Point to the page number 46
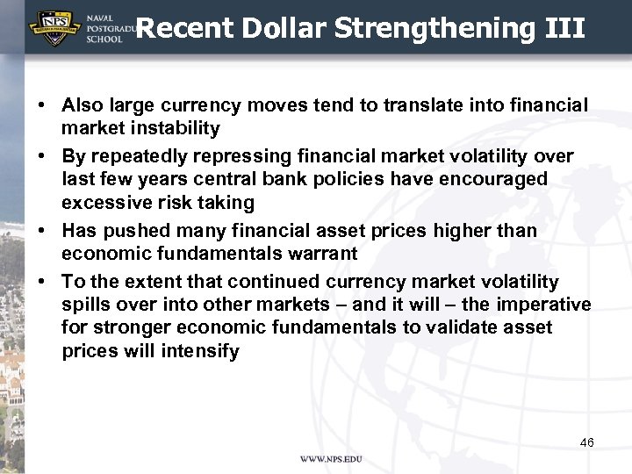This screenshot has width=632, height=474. [587, 442]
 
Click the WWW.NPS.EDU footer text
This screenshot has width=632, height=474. [331, 459]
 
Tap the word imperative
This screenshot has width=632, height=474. [541, 305]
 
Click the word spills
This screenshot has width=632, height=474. [83, 305]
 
